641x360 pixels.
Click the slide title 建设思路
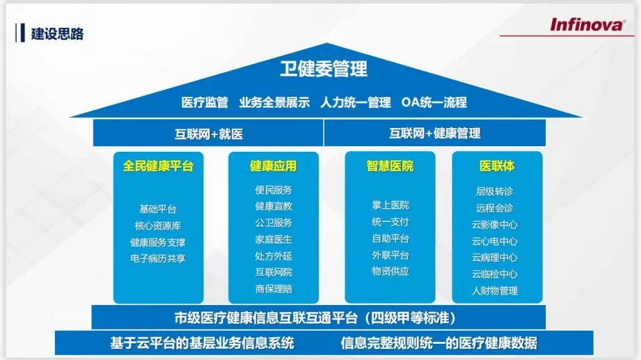coord(57,33)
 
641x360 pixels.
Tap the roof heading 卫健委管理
coord(324,69)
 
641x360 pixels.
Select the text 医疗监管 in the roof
coord(205,102)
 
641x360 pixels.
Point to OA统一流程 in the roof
coord(434,102)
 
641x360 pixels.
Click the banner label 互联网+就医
coord(208,134)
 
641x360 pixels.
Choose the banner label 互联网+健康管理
coord(434,134)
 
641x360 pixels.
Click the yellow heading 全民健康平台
coord(158,166)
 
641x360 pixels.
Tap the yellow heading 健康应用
coord(273,166)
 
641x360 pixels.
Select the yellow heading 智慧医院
coord(390,166)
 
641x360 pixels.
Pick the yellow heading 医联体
coord(497,166)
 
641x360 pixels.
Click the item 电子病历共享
coord(158,258)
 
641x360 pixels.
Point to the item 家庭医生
coord(273,239)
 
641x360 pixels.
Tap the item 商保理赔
coord(273,288)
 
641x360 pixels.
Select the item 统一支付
coord(390,222)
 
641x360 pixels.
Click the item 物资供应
coord(390,272)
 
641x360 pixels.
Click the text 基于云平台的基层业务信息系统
coord(202,343)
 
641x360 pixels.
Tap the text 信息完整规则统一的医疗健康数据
coord(439,343)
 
